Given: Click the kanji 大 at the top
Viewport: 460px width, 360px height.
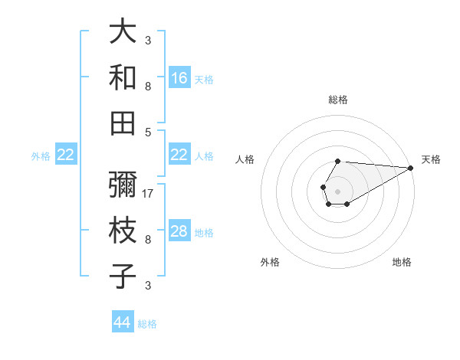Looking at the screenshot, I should [x=123, y=33].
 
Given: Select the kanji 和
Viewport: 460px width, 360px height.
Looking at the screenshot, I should [x=123, y=78].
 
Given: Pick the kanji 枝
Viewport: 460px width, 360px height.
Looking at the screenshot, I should [x=123, y=231].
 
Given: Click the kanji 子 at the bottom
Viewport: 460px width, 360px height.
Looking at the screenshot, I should [x=123, y=276].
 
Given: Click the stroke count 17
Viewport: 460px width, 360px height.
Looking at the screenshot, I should [x=149, y=193].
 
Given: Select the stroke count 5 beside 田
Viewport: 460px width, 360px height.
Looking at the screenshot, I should [x=148, y=132].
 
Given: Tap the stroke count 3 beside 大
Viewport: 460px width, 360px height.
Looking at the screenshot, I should [x=148, y=41].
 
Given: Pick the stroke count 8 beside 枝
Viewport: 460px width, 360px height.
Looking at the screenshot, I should [x=148, y=240].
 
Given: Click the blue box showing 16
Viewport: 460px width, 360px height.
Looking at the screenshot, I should [x=179, y=78].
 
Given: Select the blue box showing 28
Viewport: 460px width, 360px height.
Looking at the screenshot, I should [x=179, y=231].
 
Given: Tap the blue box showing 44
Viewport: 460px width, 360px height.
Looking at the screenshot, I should [x=123, y=322].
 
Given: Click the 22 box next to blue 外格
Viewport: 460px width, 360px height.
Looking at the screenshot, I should [x=65, y=155].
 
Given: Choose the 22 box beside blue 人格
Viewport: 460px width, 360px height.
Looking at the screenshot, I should [x=179, y=155].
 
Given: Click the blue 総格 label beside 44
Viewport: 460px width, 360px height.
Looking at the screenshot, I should [x=147, y=323].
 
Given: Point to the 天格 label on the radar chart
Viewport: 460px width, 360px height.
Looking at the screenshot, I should [x=431, y=159].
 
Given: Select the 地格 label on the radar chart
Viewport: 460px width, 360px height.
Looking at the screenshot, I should [x=402, y=262].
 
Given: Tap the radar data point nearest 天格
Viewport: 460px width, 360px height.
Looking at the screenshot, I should [x=411, y=168].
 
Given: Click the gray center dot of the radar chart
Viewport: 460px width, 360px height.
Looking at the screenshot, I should [x=337, y=190].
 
